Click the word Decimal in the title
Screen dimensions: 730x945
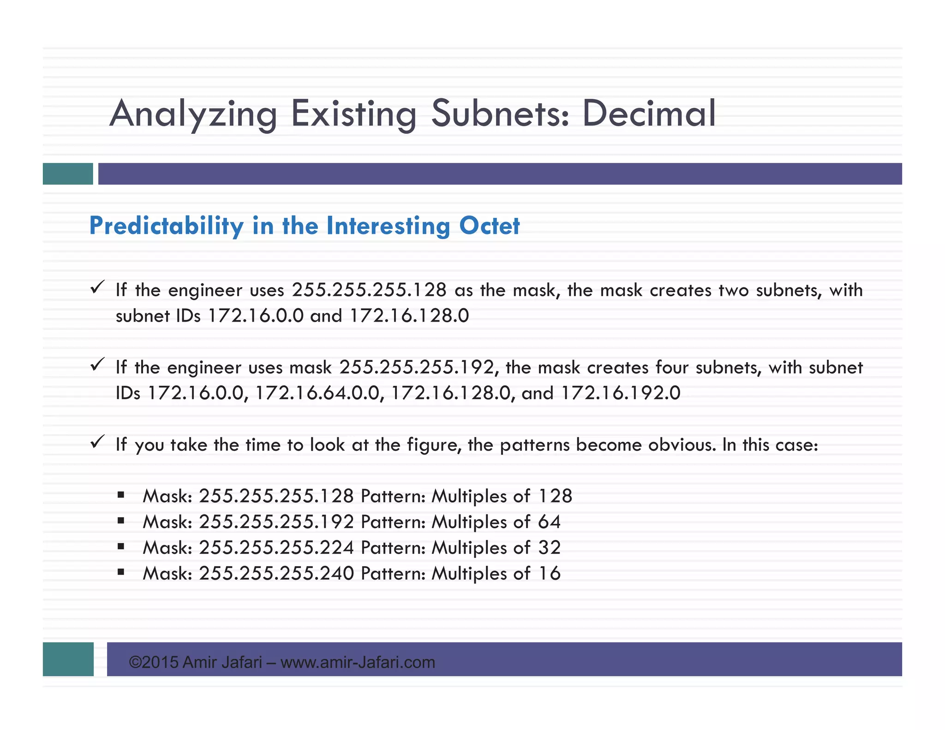pyautogui.click(x=648, y=113)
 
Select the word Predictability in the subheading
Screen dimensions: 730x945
pyautogui.click(x=166, y=226)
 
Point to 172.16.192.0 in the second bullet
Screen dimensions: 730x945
pyautogui.click(x=621, y=393)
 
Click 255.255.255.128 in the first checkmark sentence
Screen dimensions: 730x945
pyautogui.click(x=369, y=290)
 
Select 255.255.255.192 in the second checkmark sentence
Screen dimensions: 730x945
pyautogui.click(x=417, y=367)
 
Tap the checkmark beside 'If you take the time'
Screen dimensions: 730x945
pyautogui.click(x=97, y=442)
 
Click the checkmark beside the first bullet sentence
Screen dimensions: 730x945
pyautogui.click(x=97, y=287)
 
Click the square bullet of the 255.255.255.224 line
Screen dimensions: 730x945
pyautogui.click(x=121, y=547)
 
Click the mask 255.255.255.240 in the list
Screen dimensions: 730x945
pyautogui.click(x=276, y=574)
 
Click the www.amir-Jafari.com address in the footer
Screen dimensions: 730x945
pyautogui.click(x=358, y=663)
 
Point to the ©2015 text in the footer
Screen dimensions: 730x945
pyautogui.click(x=154, y=663)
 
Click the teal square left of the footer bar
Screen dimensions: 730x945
pyautogui.click(x=68, y=659)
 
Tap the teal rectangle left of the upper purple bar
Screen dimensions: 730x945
pyautogui.click(x=68, y=174)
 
